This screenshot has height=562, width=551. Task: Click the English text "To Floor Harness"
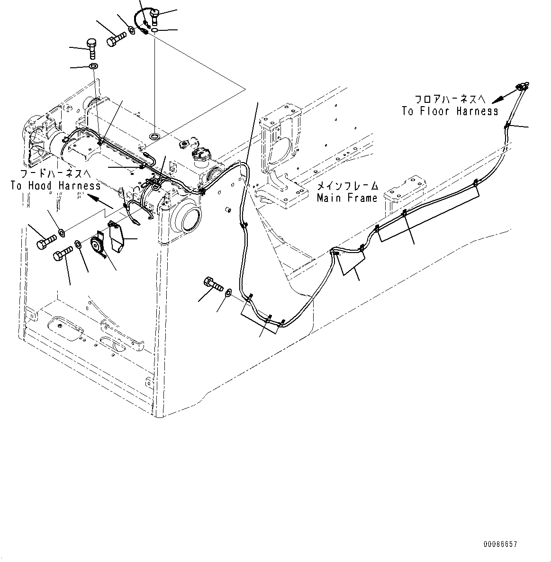[450, 111]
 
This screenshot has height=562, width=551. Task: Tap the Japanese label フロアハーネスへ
[450, 100]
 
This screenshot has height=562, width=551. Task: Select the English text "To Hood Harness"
[55, 185]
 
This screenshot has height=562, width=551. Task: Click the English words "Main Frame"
[347, 198]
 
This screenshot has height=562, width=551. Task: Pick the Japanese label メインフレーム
[347, 186]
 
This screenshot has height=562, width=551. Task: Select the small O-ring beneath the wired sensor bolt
[155, 30]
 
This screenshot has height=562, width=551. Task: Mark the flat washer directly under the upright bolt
[93, 65]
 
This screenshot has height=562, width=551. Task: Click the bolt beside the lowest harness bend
[214, 285]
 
